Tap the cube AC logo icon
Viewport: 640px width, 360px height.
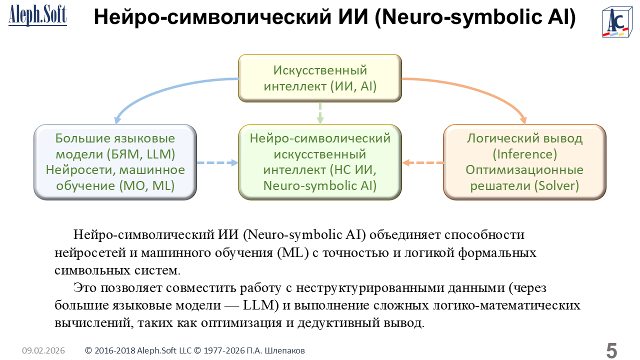615,21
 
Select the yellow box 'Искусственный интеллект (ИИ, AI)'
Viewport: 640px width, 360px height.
320,78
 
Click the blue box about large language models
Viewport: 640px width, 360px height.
115,162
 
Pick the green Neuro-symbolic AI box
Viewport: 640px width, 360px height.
320,162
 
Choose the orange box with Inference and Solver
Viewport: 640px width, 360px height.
524,162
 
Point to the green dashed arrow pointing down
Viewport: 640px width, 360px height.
320,113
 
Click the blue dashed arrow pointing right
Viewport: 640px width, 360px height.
217,162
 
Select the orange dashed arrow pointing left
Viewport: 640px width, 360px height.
423,162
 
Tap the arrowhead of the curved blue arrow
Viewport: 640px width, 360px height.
117,120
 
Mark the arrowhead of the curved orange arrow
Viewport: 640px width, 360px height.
523,120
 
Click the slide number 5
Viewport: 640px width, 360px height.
611,350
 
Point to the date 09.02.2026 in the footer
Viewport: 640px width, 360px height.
43,351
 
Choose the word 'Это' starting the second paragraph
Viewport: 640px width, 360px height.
85,288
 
